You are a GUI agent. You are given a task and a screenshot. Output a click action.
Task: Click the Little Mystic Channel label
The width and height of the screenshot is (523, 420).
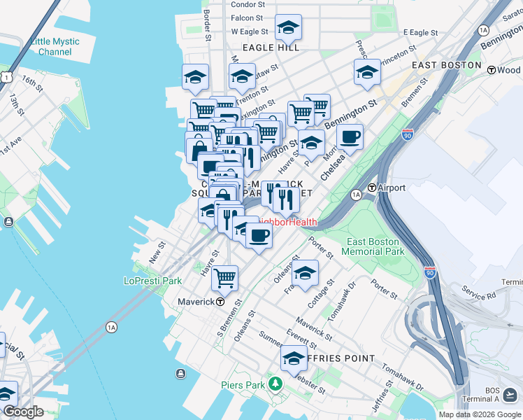[x=55, y=47]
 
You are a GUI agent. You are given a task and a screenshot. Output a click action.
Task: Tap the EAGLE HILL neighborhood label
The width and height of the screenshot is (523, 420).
[x=271, y=48]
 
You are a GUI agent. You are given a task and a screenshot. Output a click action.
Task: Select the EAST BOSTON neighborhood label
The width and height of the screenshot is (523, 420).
[x=447, y=65]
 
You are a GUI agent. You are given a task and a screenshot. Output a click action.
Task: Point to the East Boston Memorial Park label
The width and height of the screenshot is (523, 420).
[x=375, y=246]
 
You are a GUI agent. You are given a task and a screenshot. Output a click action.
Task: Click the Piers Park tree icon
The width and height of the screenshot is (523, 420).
[x=276, y=384]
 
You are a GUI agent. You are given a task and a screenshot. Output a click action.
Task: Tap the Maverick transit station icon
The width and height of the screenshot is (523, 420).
[x=220, y=302]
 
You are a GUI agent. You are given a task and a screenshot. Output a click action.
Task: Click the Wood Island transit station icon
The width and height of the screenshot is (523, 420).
[x=492, y=70]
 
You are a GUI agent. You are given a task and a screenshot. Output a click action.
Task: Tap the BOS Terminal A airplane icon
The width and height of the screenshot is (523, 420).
[x=514, y=396]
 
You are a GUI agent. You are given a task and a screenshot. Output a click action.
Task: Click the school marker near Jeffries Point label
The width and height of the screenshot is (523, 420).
[x=294, y=359]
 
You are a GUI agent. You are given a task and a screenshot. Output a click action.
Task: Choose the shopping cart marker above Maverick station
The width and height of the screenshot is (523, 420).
[x=225, y=278]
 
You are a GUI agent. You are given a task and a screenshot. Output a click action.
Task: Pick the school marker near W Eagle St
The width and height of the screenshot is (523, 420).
[x=288, y=27]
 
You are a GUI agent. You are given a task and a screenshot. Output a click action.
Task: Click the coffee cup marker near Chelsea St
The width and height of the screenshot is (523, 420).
[x=350, y=136]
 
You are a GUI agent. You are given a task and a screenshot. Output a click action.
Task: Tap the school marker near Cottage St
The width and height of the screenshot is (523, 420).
[x=305, y=274]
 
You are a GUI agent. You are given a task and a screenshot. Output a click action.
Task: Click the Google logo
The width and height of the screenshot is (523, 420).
[x=23, y=412]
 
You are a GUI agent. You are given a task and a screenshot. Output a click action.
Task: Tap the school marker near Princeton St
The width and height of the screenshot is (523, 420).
[x=367, y=72]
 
